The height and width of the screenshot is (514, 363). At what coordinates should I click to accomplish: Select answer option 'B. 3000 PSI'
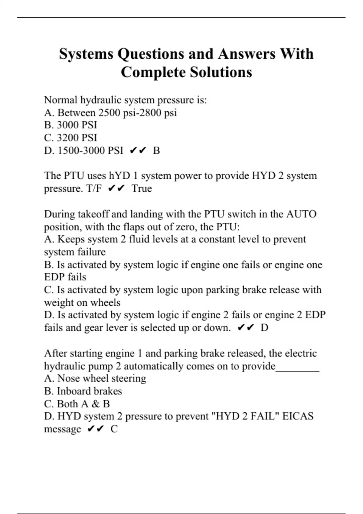(70, 125)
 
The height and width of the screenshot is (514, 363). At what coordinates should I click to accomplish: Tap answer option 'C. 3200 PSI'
(70, 138)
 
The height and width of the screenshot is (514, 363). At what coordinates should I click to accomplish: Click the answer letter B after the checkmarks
(156, 150)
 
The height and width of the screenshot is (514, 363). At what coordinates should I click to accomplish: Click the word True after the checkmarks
(142, 188)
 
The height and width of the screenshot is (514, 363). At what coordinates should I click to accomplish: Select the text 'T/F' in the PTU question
(94, 188)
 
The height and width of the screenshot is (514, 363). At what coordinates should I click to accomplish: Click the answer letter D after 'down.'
(264, 327)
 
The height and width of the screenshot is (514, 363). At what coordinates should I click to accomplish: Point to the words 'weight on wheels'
(82, 302)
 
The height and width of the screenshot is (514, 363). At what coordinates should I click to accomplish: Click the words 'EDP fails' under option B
(65, 277)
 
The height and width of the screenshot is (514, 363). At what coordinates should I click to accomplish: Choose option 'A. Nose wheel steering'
(95, 378)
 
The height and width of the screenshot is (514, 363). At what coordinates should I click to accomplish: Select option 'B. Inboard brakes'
(83, 391)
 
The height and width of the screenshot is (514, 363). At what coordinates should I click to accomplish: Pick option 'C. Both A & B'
(77, 404)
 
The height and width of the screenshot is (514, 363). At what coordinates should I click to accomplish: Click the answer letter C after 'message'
(114, 429)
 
